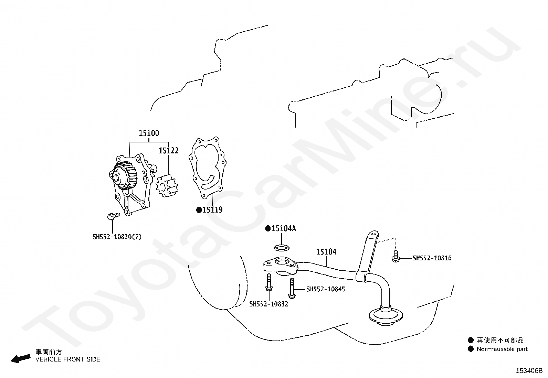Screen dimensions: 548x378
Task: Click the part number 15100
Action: (149, 133)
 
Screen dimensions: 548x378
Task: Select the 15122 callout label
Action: (169, 151)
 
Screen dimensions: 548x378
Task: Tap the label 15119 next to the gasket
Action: (213, 210)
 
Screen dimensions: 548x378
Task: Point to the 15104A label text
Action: (284, 228)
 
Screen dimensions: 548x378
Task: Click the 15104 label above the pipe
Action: (326, 251)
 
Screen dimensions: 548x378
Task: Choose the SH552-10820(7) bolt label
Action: (117, 237)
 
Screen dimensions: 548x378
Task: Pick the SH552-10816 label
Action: (432, 258)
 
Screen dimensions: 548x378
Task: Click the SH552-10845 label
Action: (326, 289)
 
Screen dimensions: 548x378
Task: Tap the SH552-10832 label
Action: (268, 304)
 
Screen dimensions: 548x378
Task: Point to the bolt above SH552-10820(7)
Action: (114, 216)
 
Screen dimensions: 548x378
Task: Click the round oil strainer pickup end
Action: (386, 317)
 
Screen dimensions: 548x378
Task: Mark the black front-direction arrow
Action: (21, 359)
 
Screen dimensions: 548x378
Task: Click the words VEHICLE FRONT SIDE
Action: (68, 359)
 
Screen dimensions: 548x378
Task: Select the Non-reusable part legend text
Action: (502, 349)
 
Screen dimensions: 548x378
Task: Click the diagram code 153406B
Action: (529, 371)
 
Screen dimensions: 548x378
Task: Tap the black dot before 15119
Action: (199, 210)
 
